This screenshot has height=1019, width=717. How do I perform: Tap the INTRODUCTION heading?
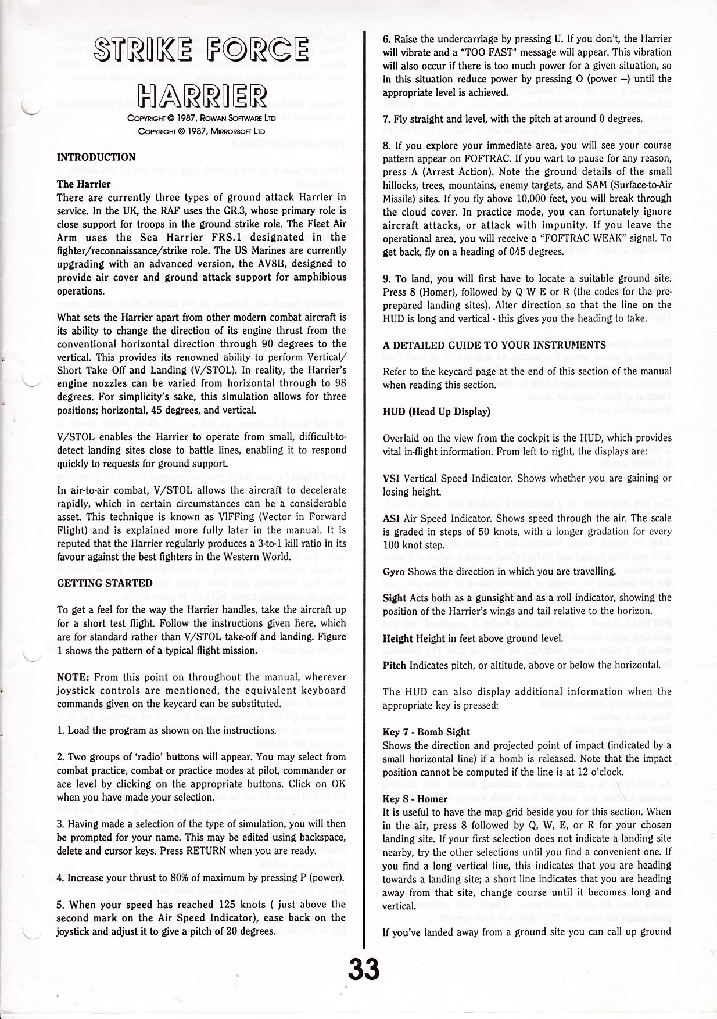pyautogui.click(x=96, y=157)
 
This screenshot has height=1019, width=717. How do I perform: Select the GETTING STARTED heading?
pyautogui.click(x=105, y=583)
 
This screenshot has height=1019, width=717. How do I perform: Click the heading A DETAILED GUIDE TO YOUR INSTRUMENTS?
pyautogui.click(x=494, y=345)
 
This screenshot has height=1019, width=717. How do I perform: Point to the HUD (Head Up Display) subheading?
pyautogui.click(x=436, y=412)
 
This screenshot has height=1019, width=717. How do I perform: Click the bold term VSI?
pyautogui.click(x=390, y=478)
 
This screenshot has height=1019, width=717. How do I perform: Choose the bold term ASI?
pyautogui.click(x=390, y=518)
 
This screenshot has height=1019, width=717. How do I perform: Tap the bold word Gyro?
pyautogui.click(x=393, y=571)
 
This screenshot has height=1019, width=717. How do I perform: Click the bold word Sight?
pyautogui.click(x=394, y=598)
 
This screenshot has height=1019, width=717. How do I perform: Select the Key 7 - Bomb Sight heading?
pyautogui.click(x=426, y=732)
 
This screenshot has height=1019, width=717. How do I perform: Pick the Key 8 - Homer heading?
pyautogui.click(x=415, y=799)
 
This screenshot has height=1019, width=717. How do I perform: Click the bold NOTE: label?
pyautogui.click(x=72, y=677)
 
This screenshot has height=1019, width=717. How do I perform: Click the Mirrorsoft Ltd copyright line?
pyautogui.click(x=202, y=131)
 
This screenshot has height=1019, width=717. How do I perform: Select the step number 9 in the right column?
pyautogui.click(x=386, y=279)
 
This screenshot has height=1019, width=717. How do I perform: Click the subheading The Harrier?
pyautogui.click(x=84, y=184)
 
